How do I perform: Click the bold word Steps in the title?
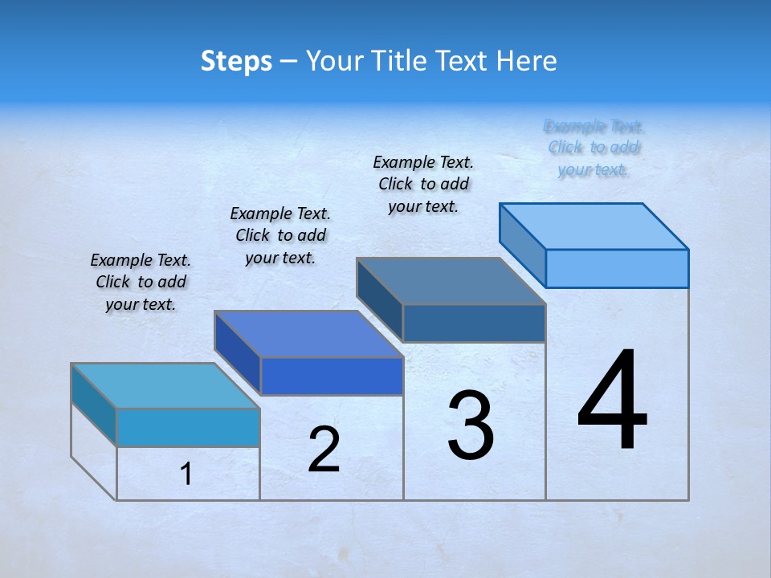click(x=236, y=61)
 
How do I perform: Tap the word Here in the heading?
click(x=526, y=61)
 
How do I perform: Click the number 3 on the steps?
click(x=471, y=425)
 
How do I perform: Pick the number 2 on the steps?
click(x=324, y=450)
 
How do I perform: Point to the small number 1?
click(x=186, y=474)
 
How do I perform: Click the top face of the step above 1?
click(x=165, y=385)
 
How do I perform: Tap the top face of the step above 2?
click(x=308, y=334)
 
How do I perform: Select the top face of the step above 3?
click(x=451, y=281)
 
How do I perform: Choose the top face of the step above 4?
click(x=594, y=226)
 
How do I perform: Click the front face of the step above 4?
click(x=617, y=268)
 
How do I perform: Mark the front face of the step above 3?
click(x=474, y=323)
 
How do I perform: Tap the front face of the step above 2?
click(x=332, y=376)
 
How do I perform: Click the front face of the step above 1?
click(x=188, y=427)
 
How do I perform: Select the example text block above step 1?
click(x=141, y=282)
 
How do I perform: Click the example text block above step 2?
click(x=280, y=235)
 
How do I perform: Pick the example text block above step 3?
click(x=423, y=184)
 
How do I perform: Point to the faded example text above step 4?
click(x=594, y=148)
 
